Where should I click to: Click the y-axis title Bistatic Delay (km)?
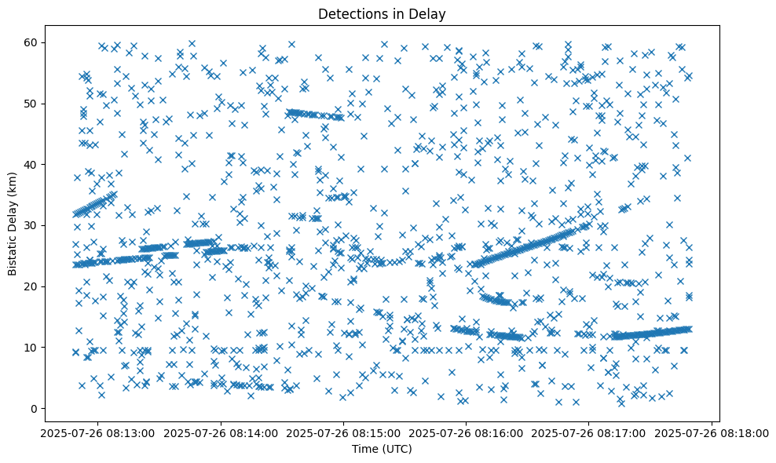coord(13,223)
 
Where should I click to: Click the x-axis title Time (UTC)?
coord(382,450)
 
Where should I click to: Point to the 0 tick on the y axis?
coord(35,409)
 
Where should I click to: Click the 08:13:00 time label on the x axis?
coord(97,432)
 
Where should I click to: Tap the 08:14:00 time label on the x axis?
coord(220,432)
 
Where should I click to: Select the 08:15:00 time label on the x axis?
coord(343,432)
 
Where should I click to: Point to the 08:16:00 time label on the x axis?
coord(467,432)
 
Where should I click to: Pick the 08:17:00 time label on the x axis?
coord(590,432)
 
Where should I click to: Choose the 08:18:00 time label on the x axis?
coord(712,432)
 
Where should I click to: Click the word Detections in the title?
coord(349,13)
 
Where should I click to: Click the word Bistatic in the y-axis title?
coord(13,250)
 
